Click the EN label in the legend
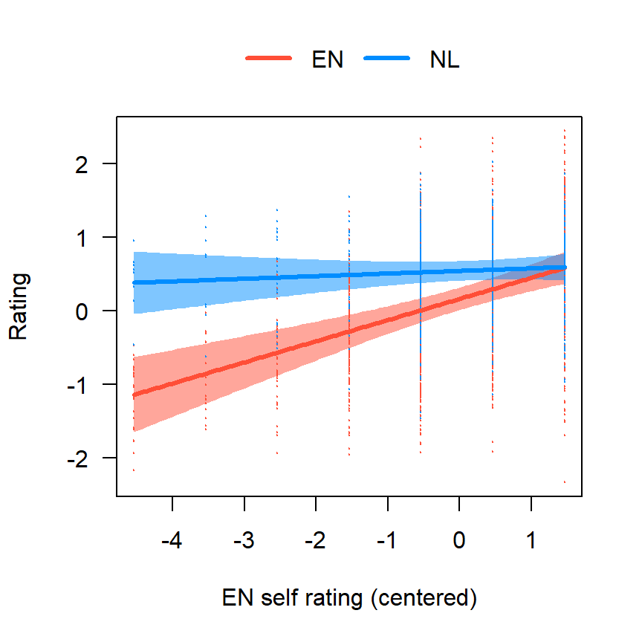(x=328, y=61)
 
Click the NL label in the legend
(x=444, y=61)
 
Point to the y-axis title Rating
(x=19, y=306)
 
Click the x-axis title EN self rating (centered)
(x=349, y=598)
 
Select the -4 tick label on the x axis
(x=172, y=540)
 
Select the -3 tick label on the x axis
(x=244, y=540)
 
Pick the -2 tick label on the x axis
(x=315, y=540)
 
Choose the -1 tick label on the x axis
(x=387, y=540)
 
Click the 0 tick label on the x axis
(x=459, y=540)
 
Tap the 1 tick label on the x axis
(x=531, y=540)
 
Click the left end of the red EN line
(x=134, y=395)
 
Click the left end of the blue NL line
(x=134, y=282)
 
